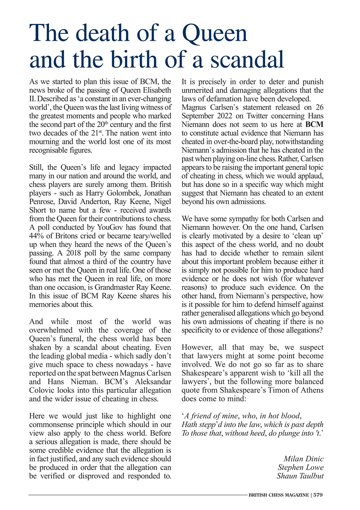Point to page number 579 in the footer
(318, 495)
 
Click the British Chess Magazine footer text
(279, 495)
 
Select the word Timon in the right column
(275, 389)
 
